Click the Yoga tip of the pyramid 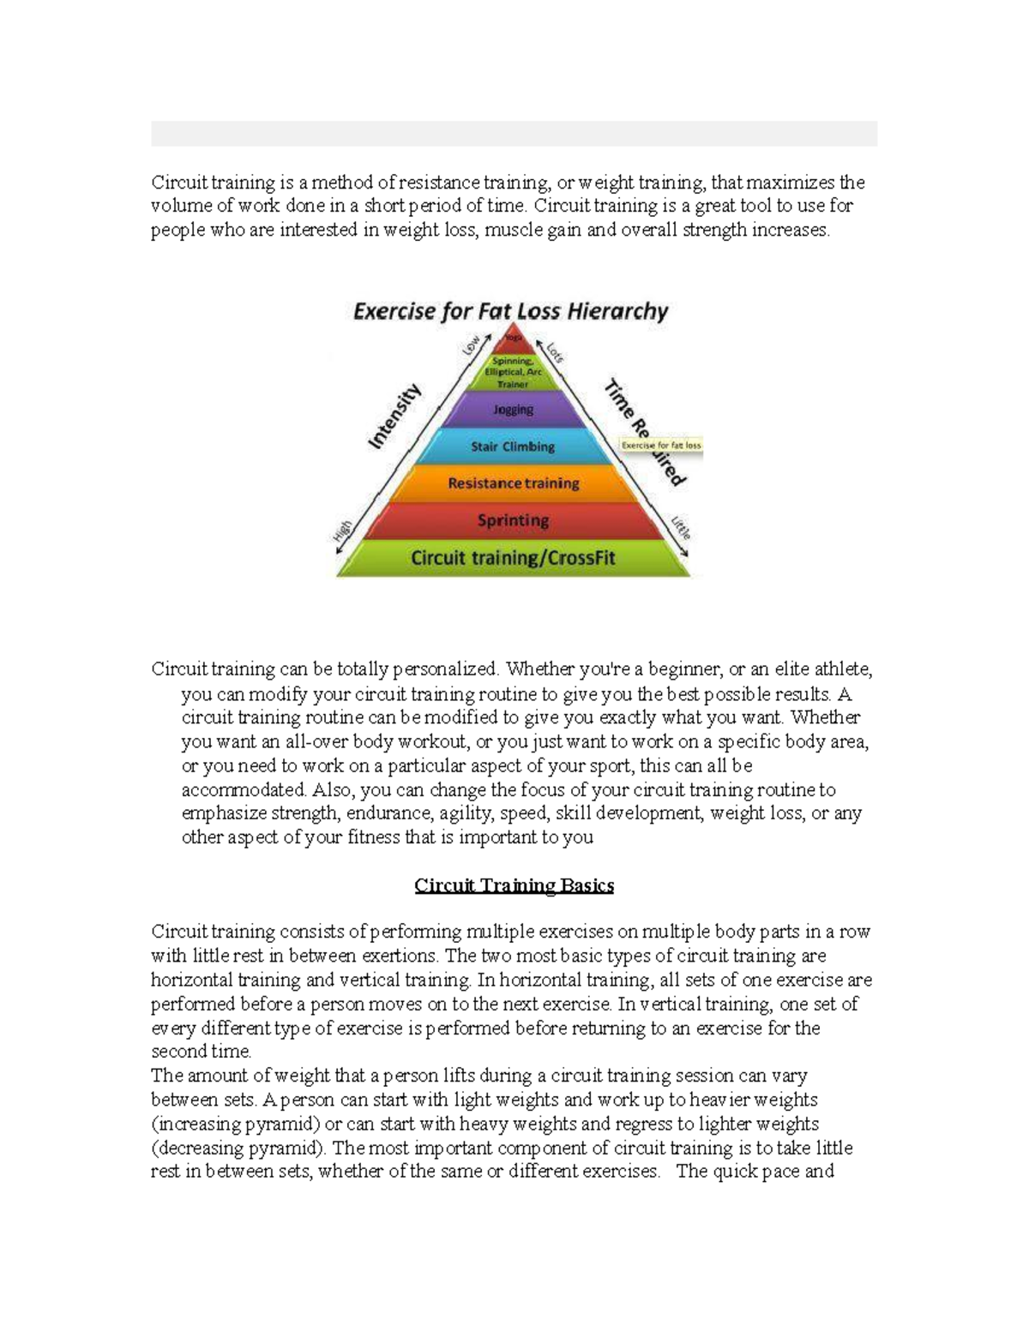tap(513, 338)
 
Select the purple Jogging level tap(513, 410)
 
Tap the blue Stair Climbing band tap(513, 447)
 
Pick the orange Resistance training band tap(513, 483)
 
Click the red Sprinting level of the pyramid tap(513, 520)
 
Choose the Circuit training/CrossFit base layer tap(513, 559)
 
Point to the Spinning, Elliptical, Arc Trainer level tap(513, 373)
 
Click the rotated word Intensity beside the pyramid tap(395, 417)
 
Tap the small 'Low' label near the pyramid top tap(471, 345)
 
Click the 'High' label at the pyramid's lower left tap(341, 531)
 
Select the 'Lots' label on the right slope tap(555, 351)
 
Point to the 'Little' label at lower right tap(681, 526)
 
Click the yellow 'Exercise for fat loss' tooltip tap(661, 446)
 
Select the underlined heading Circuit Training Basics tap(514, 885)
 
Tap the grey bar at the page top tap(514, 134)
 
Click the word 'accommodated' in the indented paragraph tap(244, 789)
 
